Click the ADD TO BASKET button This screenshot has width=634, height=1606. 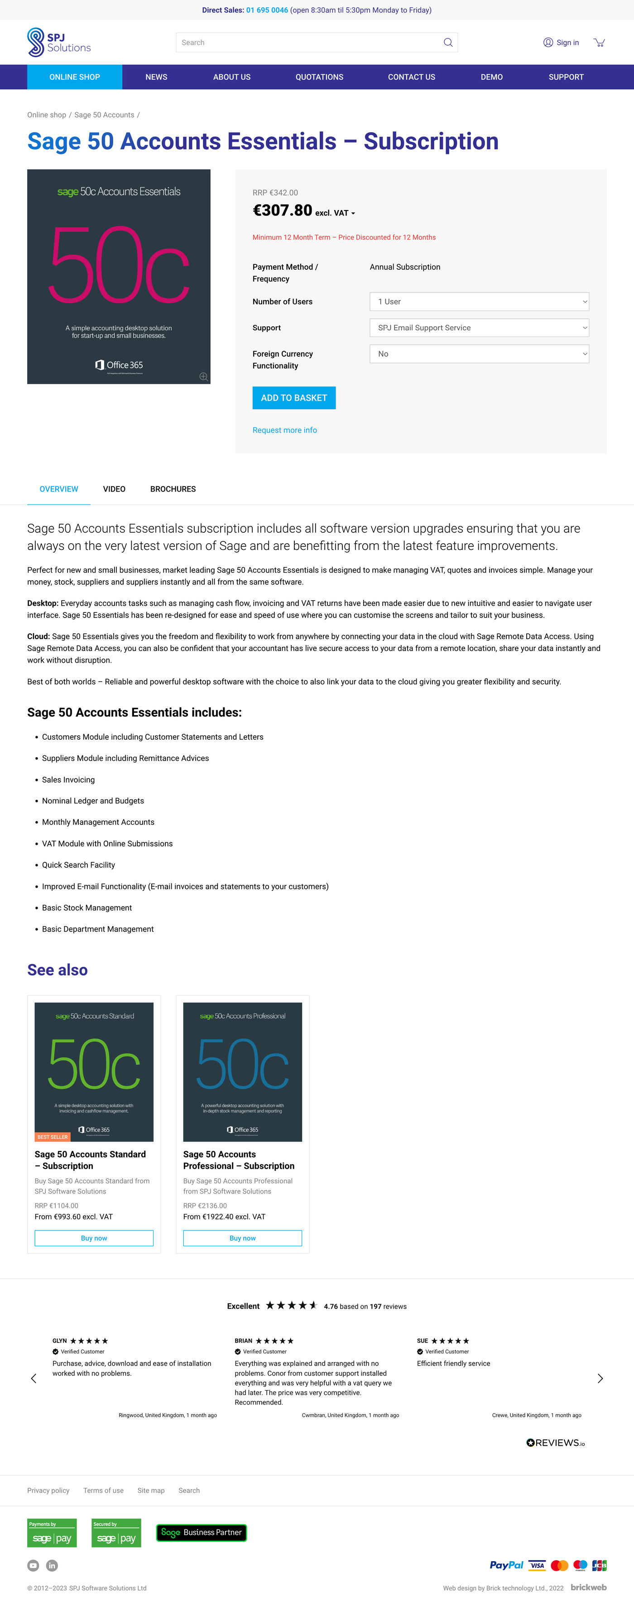[x=294, y=398]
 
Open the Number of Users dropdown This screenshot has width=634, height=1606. [x=479, y=302]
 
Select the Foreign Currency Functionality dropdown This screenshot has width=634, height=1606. [x=479, y=354]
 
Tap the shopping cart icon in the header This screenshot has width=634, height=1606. [x=599, y=43]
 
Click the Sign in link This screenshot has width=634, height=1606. [x=561, y=43]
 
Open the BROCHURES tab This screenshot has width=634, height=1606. [x=173, y=489]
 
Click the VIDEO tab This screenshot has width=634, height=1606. [x=114, y=489]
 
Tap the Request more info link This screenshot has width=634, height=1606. [x=284, y=430]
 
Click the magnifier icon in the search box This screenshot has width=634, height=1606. [x=447, y=43]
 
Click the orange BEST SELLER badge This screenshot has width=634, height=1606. [x=53, y=1137]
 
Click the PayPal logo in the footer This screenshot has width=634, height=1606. [x=506, y=1565]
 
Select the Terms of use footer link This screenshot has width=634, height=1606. [x=104, y=1490]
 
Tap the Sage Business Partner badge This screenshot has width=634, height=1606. [x=202, y=1532]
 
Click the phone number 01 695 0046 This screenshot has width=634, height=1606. [x=267, y=10]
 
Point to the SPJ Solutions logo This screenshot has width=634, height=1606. [x=59, y=43]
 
